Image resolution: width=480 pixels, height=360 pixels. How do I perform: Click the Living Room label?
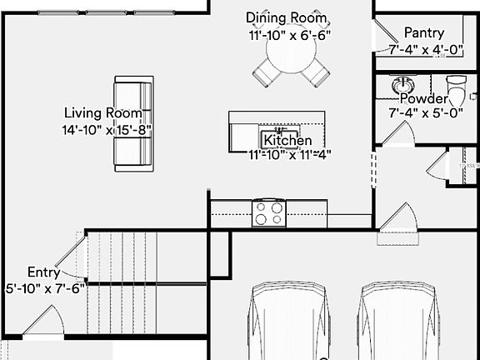[107, 113]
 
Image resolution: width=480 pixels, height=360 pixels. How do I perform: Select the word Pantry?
[423, 32]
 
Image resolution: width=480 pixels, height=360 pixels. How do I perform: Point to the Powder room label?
[424, 98]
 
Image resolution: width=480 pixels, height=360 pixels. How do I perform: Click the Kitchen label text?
[288, 141]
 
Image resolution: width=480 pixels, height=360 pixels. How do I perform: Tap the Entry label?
[42, 272]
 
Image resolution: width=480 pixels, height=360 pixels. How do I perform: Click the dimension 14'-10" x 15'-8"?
[107, 130]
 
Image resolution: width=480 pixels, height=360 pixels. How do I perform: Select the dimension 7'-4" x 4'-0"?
[425, 49]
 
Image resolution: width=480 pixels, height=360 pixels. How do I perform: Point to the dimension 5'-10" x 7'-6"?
[45, 288]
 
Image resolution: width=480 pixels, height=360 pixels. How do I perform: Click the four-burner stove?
[269, 213]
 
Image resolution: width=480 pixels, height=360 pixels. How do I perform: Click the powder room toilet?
[456, 85]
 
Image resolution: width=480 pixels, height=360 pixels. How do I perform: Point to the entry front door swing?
[46, 322]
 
